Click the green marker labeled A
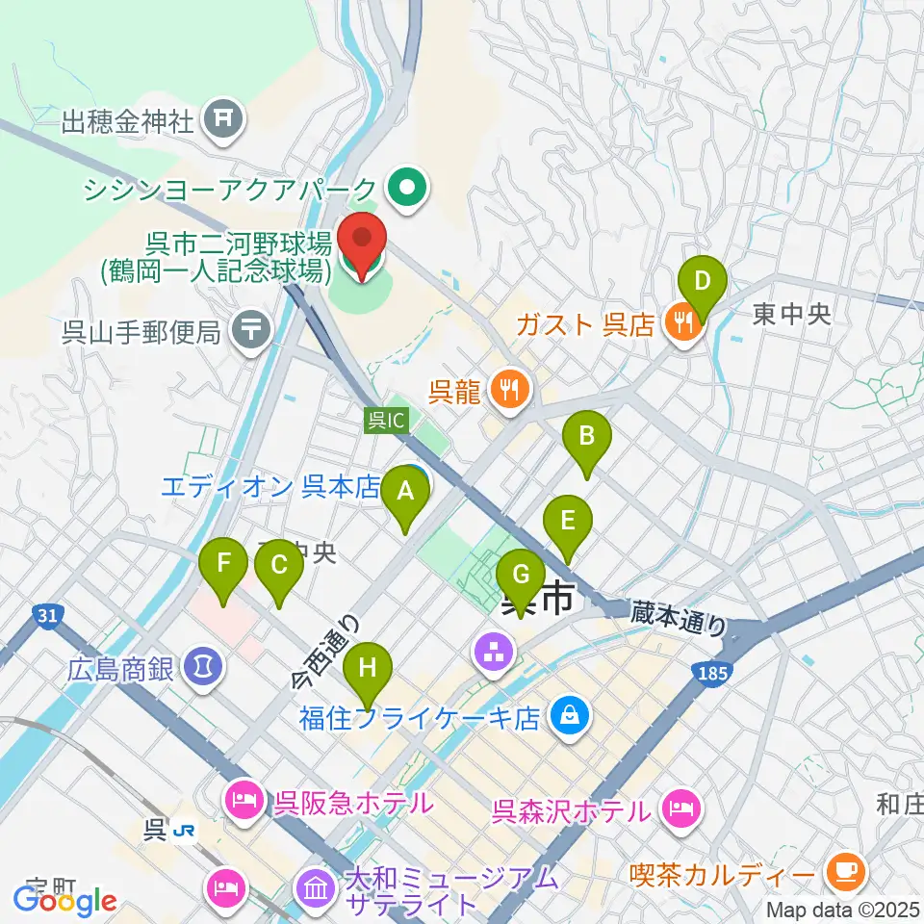click(405, 494)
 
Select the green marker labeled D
click(703, 283)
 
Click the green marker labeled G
click(521, 577)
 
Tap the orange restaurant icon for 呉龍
click(510, 390)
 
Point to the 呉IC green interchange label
click(387, 420)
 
